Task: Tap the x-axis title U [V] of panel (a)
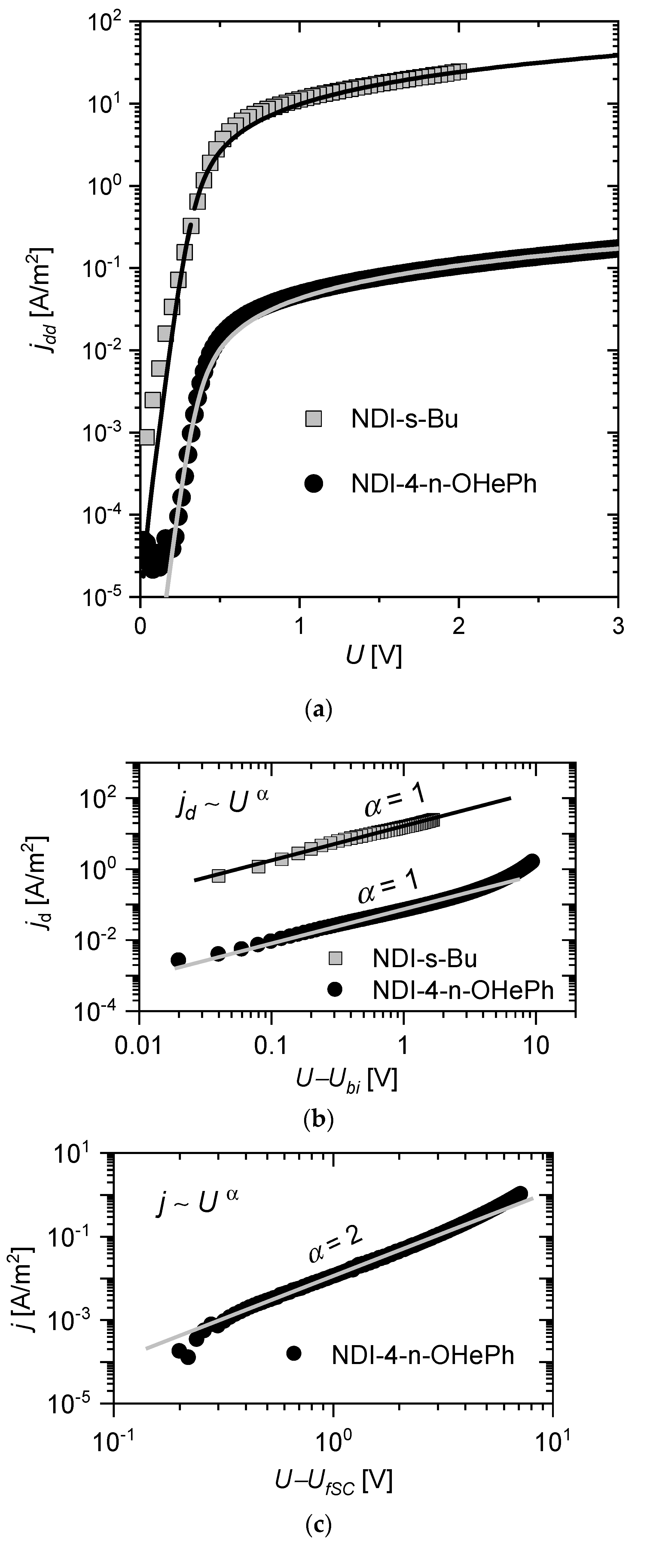373,657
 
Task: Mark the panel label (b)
316,1119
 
